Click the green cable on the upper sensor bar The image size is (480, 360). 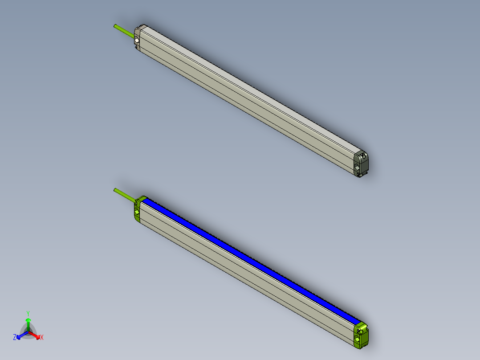tap(124, 30)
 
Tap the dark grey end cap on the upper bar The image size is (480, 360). tap(361, 163)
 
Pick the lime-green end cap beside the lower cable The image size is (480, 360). tap(138, 209)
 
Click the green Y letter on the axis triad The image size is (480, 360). tap(28, 313)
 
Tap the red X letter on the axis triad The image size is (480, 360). tap(42, 338)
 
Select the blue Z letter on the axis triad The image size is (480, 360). tap(15, 338)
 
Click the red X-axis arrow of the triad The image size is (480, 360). tap(36, 335)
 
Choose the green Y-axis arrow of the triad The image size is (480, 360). tap(28, 323)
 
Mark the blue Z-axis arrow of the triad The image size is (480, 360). tap(20, 335)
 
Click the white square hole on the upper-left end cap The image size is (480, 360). tap(136, 41)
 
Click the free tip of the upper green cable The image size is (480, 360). tap(115, 25)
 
